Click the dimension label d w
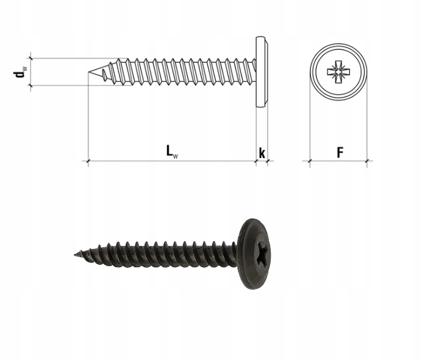20,71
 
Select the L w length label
172,151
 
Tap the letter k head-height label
262,153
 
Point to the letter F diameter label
340,153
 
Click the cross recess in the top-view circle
338,72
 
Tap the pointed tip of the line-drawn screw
89,72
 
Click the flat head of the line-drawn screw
262,72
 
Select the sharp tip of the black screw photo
75,254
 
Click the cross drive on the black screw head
260,253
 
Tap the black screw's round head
254,254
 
